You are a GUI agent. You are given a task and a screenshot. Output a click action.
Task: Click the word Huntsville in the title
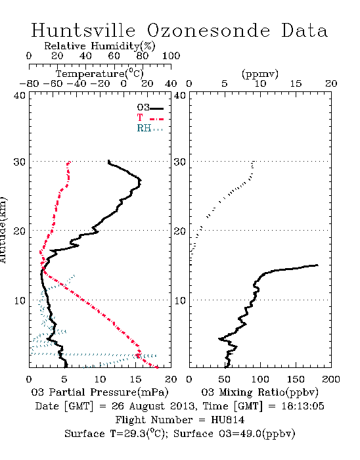click(83, 30)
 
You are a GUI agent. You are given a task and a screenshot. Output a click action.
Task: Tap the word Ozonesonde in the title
click(208, 30)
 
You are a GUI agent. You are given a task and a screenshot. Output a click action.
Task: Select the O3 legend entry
click(150, 108)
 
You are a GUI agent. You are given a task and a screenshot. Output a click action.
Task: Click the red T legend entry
click(150, 118)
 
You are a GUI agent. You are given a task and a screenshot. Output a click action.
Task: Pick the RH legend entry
click(150, 128)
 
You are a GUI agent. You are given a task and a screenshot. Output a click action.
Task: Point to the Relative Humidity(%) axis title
click(100, 46)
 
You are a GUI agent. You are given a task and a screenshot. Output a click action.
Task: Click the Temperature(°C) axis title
click(100, 74)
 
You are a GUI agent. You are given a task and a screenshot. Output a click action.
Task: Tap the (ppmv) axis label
click(260, 74)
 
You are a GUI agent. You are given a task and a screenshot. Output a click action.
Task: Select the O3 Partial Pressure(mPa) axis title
click(100, 392)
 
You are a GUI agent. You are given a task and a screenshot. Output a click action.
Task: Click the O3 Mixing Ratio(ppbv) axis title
click(259, 392)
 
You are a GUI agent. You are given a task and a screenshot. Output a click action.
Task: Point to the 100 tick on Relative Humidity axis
click(171, 56)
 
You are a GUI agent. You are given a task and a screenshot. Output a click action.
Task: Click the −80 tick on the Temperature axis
click(29, 83)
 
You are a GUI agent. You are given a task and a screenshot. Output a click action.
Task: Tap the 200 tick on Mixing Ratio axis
click(331, 379)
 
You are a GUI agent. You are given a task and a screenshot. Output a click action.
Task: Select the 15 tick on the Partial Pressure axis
click(135, 379)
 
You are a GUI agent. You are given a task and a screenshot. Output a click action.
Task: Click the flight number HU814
click(228, 420)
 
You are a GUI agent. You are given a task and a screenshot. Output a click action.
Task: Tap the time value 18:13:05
click(303, 406)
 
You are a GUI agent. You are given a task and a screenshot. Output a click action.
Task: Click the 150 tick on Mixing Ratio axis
click(296, 379)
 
